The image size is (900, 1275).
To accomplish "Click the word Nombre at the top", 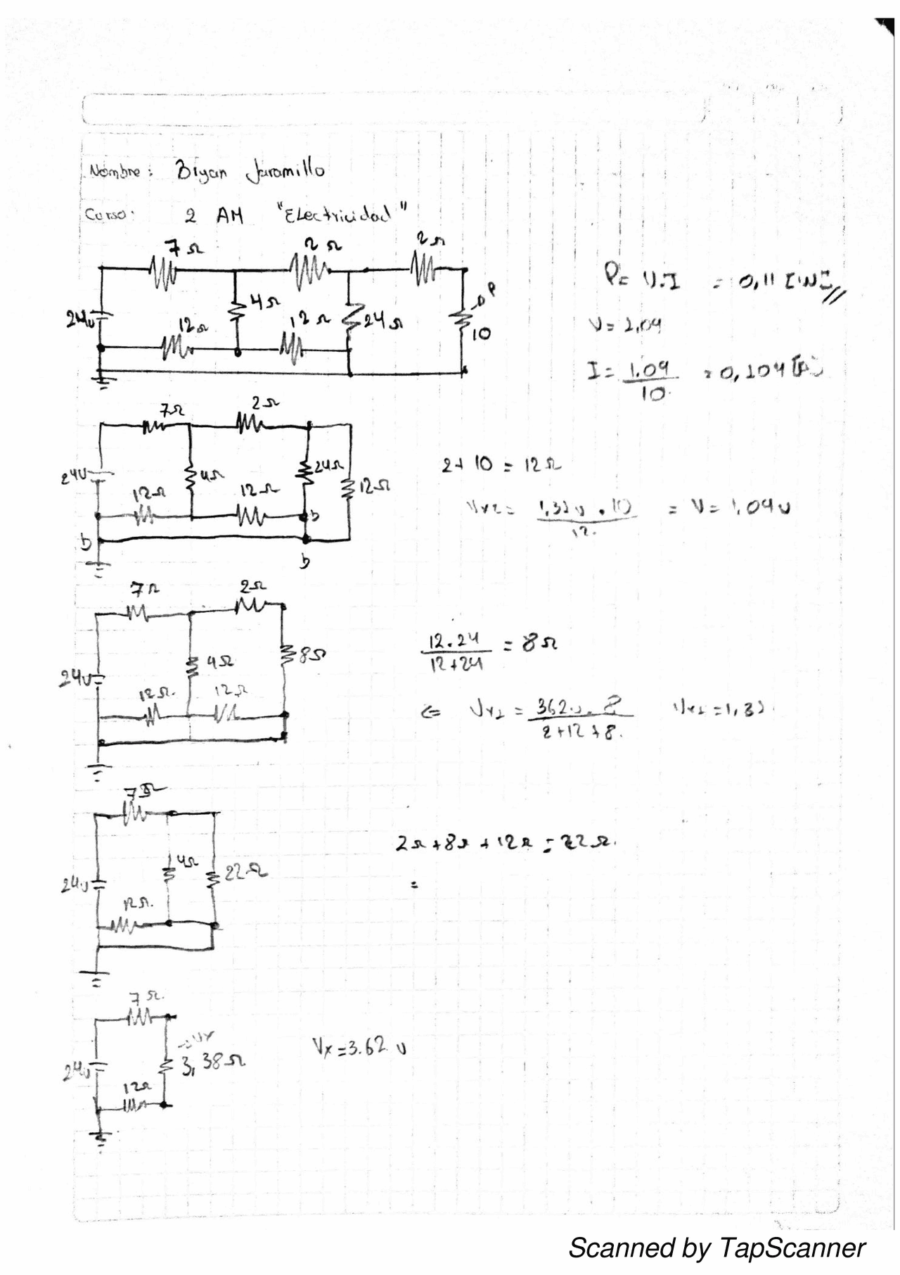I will [115, 172].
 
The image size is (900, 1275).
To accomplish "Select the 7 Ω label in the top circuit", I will [184, 248].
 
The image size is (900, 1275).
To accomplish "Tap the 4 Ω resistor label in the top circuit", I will [264, 303].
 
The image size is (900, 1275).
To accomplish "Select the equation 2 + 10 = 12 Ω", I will [501, 465].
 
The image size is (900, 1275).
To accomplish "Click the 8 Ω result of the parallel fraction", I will [539, 643].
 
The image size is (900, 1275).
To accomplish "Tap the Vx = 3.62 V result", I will [359, 1048].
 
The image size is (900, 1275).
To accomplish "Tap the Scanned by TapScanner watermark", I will [716, 1248].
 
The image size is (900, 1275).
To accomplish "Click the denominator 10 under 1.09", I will [653, 394].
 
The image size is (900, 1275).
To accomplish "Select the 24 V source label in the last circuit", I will [75, 1073].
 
